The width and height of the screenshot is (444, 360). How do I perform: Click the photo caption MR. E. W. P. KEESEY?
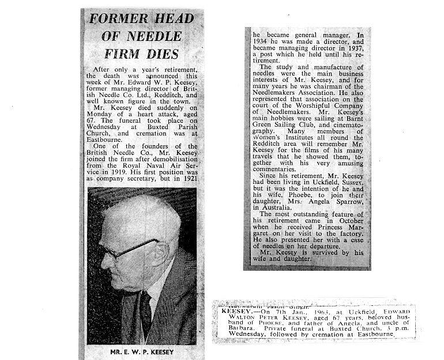tap(141, 351)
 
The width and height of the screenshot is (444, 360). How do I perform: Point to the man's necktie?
tap(145, 314)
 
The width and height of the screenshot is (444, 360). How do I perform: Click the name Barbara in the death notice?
tap(236, 326)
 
